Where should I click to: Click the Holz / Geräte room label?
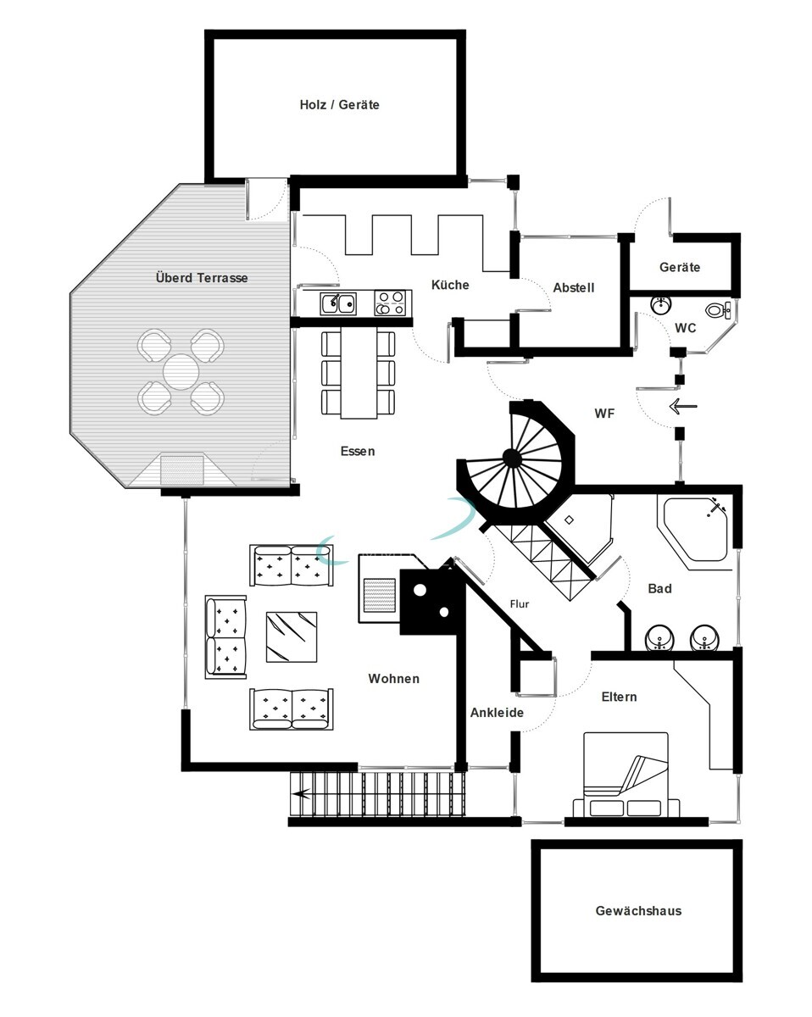tap(339, 105)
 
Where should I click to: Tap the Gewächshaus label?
tap(637, 911)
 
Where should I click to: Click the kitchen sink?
tap(336, 303)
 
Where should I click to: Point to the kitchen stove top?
tap(390, 303)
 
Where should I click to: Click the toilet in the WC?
tap(718, 310)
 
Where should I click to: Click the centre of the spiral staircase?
tap(511, 458)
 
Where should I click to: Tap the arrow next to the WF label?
tap(682, 407)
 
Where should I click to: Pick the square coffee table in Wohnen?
tap(291, 636)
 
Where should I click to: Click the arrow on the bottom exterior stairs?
tap(302, 794)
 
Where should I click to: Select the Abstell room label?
tap(573, 287)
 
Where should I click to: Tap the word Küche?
tap(449, 285)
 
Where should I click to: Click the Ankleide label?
tap(497, 713)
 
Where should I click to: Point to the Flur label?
tap(519, 604)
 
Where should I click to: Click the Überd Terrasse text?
tap(202, 277)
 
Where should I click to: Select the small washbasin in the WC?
tap(662, 303)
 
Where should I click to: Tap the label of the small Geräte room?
tap(679, 267)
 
